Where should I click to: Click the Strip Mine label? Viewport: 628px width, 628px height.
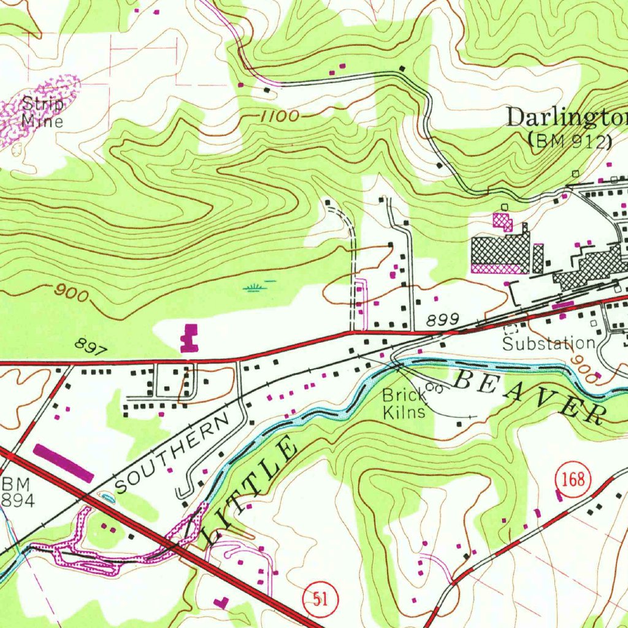(42, 112)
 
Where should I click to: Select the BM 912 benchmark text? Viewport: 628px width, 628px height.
(570, 142)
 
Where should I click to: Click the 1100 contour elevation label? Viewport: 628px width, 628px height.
(278, 116)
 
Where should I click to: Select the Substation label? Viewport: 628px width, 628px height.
(548, 343)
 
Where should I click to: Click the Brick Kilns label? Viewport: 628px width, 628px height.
(404, 404)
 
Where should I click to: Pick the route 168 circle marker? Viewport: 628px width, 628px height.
(574, 478)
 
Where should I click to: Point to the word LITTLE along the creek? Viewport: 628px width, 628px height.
(251, 491)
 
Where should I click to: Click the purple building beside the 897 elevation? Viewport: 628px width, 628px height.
(190, 338)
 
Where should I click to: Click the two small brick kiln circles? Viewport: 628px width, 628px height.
(434, 388)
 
